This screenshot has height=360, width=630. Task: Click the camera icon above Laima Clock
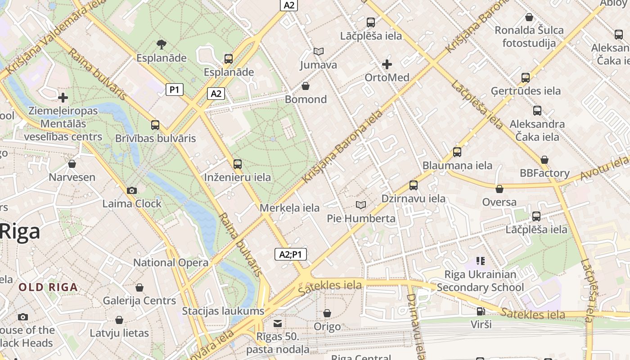coord(131,191)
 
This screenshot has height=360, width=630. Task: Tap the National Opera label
coord(171,263)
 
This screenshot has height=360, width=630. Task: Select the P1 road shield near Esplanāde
coord(174,90)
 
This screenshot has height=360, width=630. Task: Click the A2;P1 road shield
coord(290,254)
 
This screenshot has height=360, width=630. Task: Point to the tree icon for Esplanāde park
coord(161,44)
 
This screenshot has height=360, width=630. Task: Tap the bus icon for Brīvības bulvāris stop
coord(155,125)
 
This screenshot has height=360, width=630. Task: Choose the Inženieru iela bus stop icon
coord(238,164)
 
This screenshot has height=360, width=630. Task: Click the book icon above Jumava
coord(319,52)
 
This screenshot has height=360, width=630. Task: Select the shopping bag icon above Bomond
coord(306,86)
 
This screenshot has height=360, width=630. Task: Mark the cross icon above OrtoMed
coord(387,64)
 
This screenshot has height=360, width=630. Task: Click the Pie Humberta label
coord(361,219)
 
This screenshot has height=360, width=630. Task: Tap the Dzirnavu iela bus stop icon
coord(413,185)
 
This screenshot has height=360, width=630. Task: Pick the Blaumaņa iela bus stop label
coord(457,166)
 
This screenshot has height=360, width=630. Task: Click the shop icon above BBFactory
coord(544,160)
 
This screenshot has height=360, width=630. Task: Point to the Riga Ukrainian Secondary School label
coord(480,281)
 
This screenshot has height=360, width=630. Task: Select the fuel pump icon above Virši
coord(481,311)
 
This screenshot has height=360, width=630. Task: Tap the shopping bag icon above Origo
coord(327,313)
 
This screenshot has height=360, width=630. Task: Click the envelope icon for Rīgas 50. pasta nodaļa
coord(278,324)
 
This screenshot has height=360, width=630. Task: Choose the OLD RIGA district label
coord(48,287)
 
